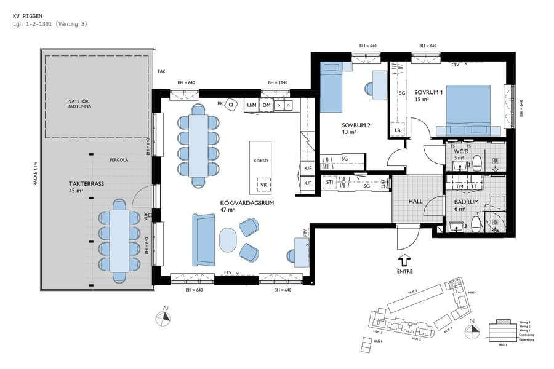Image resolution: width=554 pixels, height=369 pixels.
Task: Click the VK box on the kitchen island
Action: pyautogui.click(x=263, y=184)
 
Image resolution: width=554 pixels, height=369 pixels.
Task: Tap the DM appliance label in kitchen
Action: pyautogui.click(x=266, y=106)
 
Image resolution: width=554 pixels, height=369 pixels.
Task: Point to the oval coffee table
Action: pyautogui.click(x=227, y=240)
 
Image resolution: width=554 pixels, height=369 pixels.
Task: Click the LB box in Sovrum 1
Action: pyautogui.click(x=397, y=130)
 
